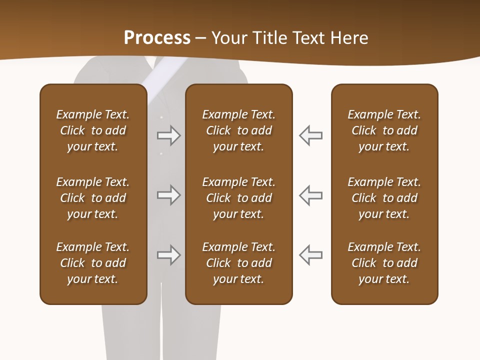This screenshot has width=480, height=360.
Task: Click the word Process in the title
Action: click(x=157, y=38)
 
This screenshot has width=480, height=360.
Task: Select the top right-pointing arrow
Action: click(x=168, y=135)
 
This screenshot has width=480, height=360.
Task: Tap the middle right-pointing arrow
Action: click(x=168, y=195)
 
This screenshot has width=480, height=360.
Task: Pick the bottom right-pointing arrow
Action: click(x=168, y=255)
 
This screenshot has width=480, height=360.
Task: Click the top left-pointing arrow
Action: click(x=310, y=135)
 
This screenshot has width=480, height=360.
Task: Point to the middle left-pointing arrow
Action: click(x=310, y=195)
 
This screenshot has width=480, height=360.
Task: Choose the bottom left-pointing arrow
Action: click(x=310, y=255)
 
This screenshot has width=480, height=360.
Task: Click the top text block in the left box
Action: click(x=93, y=130)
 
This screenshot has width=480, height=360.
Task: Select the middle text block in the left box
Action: click(x=93, y=198)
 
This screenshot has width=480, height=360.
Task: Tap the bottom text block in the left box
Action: click(x=93, y=263)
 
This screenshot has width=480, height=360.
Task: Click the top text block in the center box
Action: click(x=238, y=130)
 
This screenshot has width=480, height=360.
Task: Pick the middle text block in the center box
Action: click(x=238, y=198)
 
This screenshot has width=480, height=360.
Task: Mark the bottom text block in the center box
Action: click(x=238, y=263)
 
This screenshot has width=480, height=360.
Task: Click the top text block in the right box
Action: click(x=384, y=130)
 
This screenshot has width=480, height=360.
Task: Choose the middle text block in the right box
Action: click(x=384, y=198)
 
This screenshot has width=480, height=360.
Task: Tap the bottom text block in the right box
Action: click(x=384, y=263)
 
